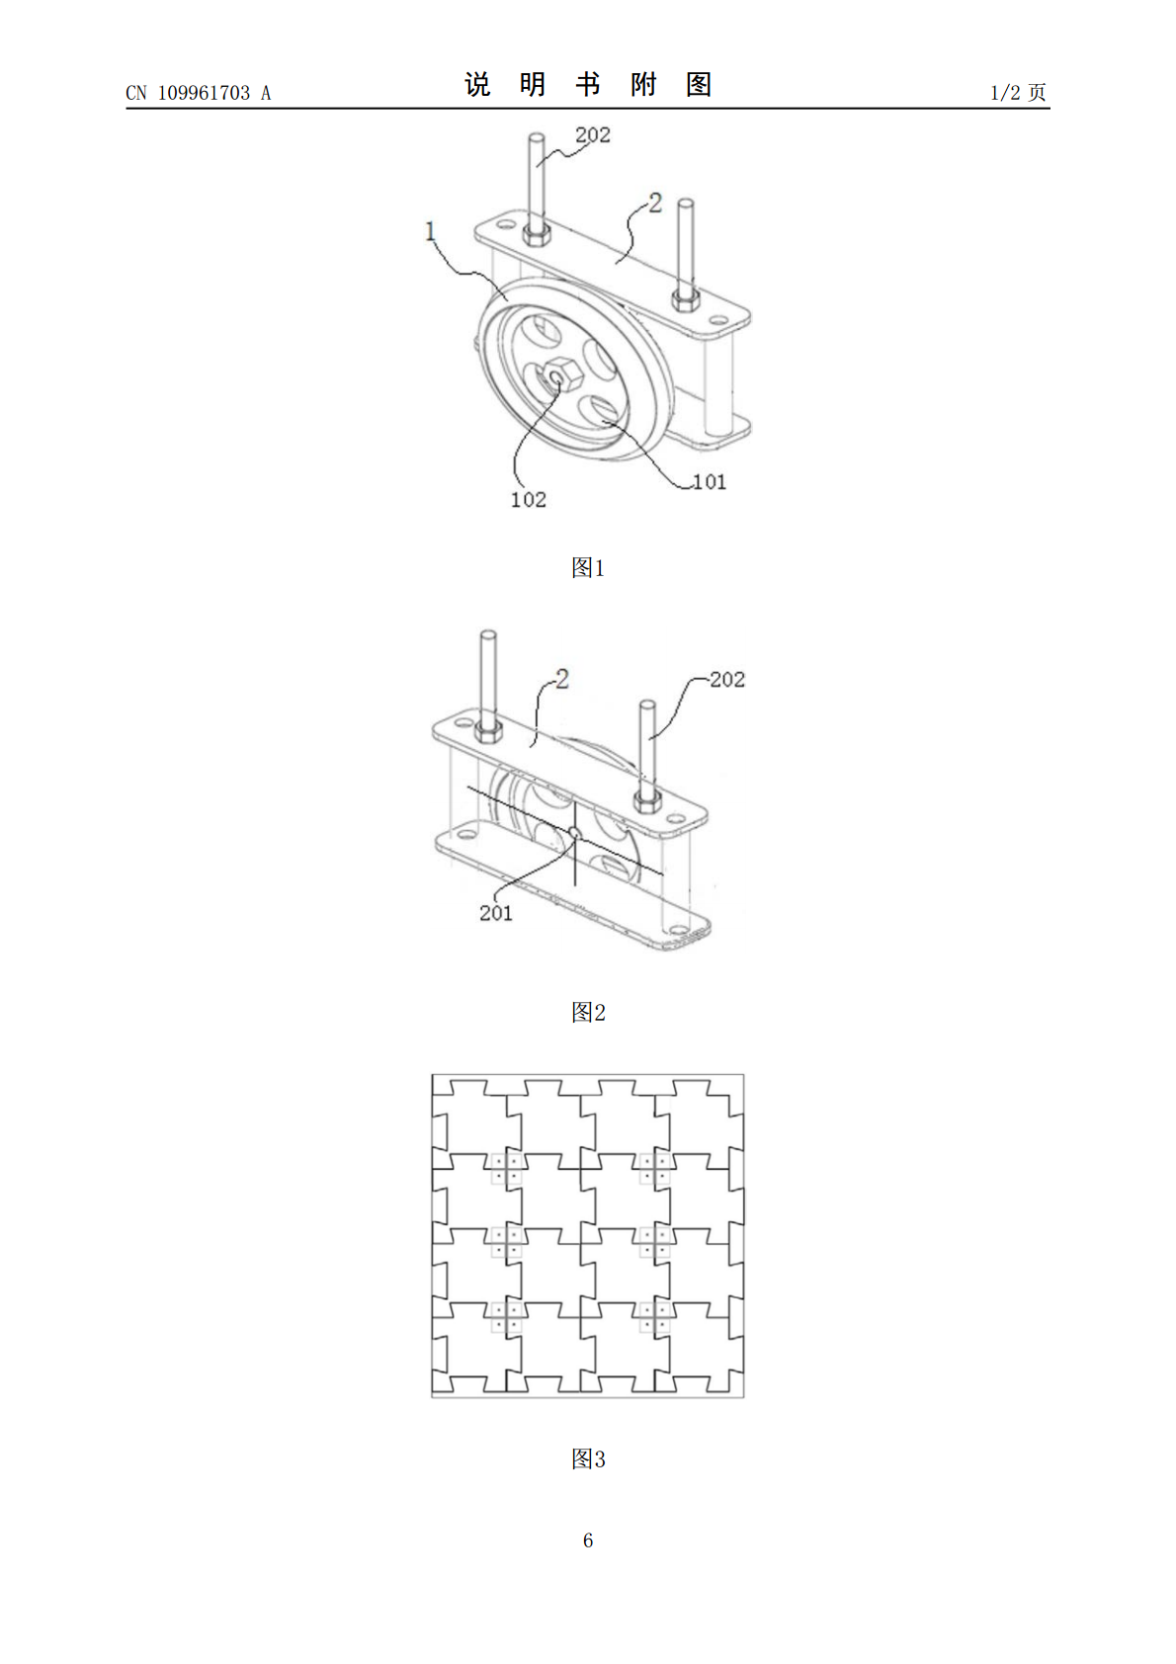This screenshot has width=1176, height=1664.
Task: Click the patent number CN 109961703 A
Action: pos(199,93)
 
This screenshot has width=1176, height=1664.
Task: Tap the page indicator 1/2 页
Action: pos(1018,93)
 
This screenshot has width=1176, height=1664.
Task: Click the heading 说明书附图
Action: pos(588,85)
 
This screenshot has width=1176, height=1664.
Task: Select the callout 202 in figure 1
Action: pos(592,135)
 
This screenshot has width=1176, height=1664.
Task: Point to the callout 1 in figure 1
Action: pos(430,231)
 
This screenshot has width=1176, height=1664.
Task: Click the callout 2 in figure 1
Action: pos(654,203)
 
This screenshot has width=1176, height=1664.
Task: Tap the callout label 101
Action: pos(710,482)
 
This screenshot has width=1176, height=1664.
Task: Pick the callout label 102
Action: pos(528,500)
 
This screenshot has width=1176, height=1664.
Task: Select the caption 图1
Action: pos(588,567)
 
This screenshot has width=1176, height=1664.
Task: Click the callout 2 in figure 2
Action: pos(562,679)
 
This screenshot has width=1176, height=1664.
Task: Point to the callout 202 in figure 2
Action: pos(727,680)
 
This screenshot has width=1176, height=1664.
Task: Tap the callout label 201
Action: pos(495,913)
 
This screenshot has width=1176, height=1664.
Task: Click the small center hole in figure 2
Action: pos(574,832)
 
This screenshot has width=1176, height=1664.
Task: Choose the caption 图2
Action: pos(588,1012)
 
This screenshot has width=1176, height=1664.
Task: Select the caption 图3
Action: pos(588,1459)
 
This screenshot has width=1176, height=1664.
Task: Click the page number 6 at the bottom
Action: pos(588,1540)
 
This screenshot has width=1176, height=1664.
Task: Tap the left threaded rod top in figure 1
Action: pos(537,136)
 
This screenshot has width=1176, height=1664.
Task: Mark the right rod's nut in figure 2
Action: pos(647,800)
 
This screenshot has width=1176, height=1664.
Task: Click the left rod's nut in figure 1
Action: pos(537,236)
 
